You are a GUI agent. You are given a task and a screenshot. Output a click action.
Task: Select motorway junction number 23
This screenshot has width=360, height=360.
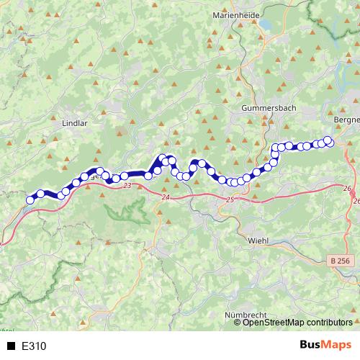[127, 186]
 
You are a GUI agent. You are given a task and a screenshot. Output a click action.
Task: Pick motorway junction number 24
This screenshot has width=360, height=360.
[166, 197]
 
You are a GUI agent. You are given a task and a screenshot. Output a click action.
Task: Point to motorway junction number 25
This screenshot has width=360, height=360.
[230, 200]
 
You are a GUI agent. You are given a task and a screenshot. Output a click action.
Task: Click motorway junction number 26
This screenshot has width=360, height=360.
[347, 189]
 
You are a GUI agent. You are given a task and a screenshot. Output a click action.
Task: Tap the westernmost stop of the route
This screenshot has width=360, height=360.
[30, 200]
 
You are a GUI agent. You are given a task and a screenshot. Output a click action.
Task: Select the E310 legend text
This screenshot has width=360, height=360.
[34, 346]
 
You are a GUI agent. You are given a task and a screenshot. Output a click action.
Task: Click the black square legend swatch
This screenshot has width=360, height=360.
[11, 346]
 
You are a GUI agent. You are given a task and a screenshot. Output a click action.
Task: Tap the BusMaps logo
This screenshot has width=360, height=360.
[325, 345]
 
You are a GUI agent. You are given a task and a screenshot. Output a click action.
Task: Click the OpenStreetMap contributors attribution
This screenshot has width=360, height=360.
[297, 322]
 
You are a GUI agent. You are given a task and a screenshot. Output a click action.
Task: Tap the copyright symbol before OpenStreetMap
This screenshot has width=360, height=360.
[238, 322]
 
